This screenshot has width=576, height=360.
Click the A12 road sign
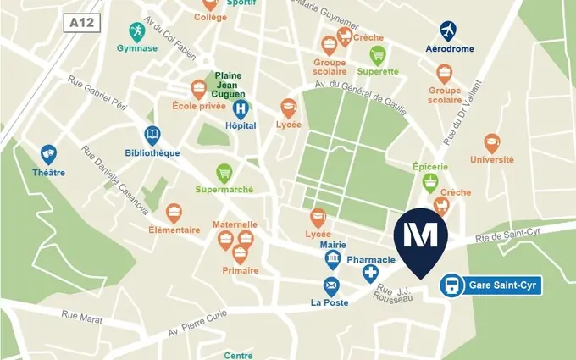[82, 23]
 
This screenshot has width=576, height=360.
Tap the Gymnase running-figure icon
[136, 31]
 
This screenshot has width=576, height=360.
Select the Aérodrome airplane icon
[449, 31]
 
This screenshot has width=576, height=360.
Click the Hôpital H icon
[241, 108]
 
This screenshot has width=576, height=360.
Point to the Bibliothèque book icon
[152, 136]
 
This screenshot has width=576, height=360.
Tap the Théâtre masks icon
[48, 154]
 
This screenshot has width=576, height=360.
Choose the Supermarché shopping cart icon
[224, 174]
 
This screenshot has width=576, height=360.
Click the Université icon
[491, 143]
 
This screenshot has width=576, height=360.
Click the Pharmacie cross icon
[370, 273]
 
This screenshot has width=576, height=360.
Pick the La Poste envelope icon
[331, 286]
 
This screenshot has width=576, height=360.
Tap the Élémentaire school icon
[174, 213]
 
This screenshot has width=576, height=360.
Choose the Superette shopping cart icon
[378, 56]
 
